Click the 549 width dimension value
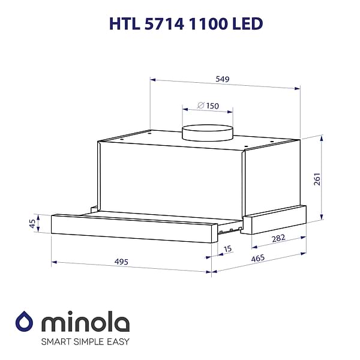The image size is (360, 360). [x=222, y=79]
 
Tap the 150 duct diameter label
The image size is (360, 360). [x=212, y=106]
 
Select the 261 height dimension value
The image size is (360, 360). [x=317, y=179]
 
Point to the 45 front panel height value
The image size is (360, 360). [x=32, y=224]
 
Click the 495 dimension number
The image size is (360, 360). [x=121, y=262]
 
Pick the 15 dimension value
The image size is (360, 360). [x=227, y=249]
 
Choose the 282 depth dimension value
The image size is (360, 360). [x=278, y=238]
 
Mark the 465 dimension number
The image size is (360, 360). [x=258, y=258]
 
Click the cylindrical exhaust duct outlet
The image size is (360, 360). [x=208, y=133]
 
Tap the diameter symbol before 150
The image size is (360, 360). [x=200, y=106]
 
